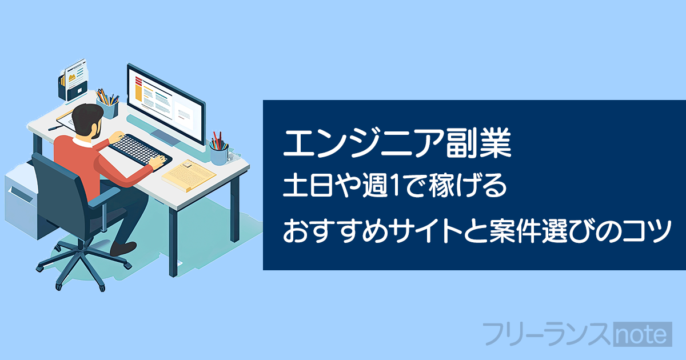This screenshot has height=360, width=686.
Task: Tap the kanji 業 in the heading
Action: pos(495,143)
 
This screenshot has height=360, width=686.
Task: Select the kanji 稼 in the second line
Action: pos(442,185)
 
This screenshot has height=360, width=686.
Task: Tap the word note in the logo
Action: pos(643,334)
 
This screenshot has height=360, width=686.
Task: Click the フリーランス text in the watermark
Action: pos(547,334)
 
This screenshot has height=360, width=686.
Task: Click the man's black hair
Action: pos(87,118)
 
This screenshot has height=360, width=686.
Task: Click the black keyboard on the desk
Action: pos(139,150)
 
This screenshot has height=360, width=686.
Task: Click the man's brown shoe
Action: pos(123,249)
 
